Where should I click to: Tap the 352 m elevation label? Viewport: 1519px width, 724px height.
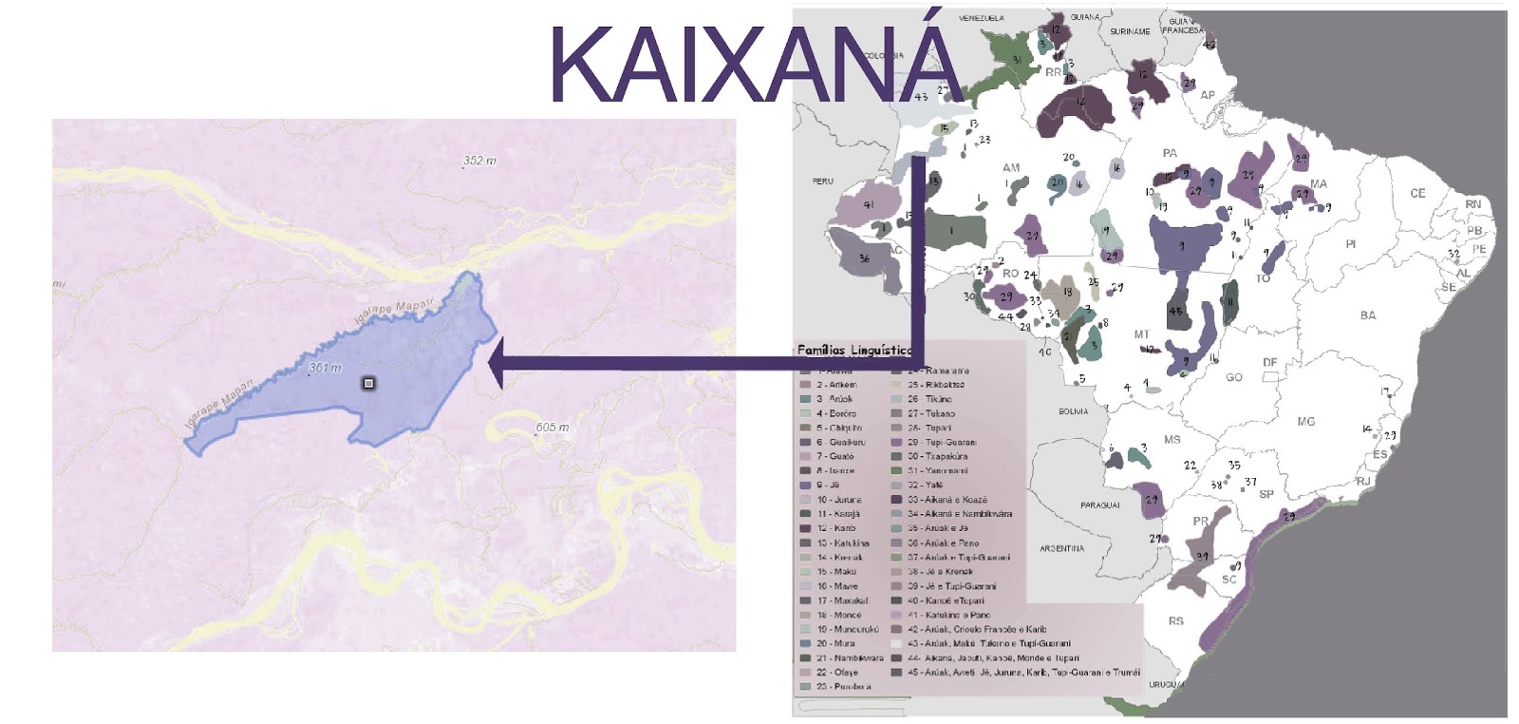pyautogui.click(x=479, y=161)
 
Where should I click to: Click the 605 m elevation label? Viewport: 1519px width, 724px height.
pyautogui.click(x=553, y=427)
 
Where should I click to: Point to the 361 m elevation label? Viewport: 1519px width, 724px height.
pyautogui.click(x=325, y=368)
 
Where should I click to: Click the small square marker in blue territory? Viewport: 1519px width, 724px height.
pyautogui.click(x=368, y=383)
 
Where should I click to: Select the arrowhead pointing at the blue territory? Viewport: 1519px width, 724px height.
pyautogui.click(x=496, y=362)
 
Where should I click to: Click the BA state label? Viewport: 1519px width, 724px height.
pyautogui.click(x=1367, y=315)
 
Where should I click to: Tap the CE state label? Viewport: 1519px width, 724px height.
pyautogui.click(x=1416, y=194)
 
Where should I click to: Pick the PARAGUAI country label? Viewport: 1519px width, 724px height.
pyautogui.click(x=1099, y=505)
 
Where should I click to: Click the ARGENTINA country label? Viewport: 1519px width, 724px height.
pyautogui.click(x=1061, y=548)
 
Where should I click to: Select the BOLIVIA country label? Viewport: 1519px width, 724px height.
pyautogui.click(x=1073, y=411)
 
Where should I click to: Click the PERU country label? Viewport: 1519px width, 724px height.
pyautogui.click(x=821, y=181)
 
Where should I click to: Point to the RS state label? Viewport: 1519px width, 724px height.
pyautogui.click(x=1176, y=621)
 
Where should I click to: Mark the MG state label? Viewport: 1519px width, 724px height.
pyautogui.click(x=1305, y=421)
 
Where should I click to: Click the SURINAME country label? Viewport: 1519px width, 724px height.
pyautogui.click(x=1129, y=31)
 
